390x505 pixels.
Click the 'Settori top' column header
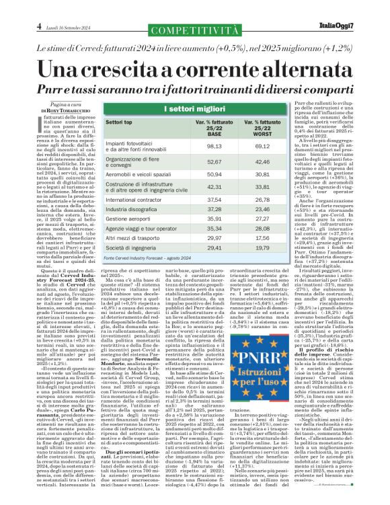tap(118, 127)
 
